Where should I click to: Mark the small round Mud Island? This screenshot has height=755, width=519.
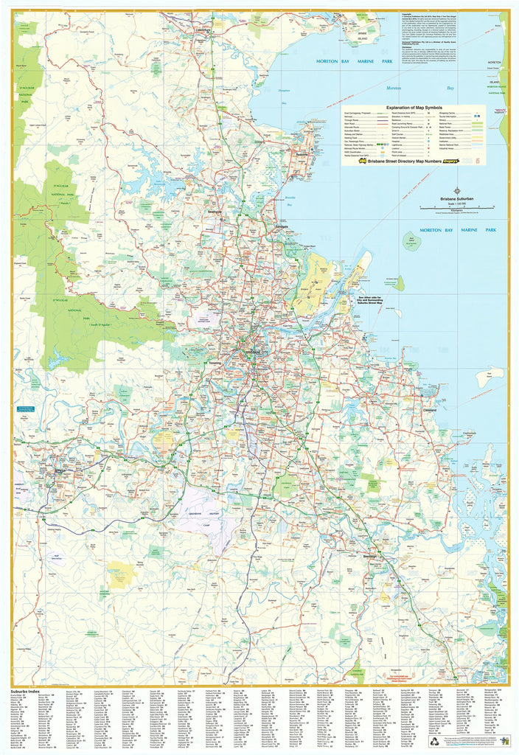[409, 240]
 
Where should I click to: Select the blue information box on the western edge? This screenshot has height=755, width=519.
[27, 408]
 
